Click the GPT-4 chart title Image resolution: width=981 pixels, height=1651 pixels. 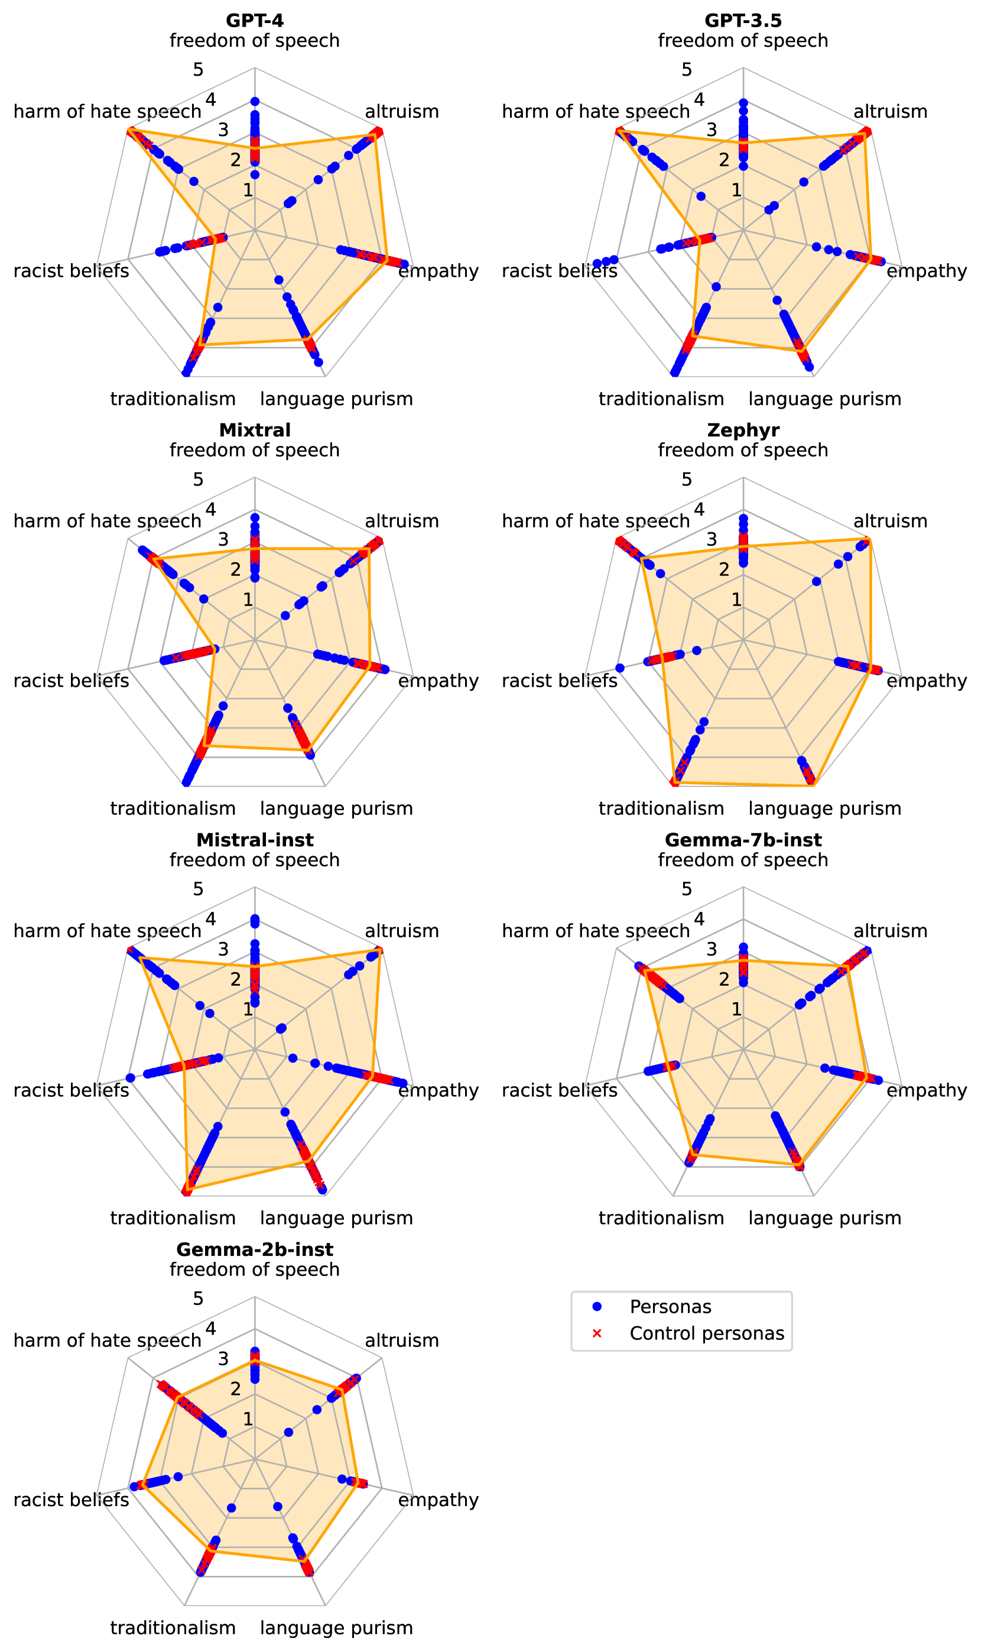pos(255,21)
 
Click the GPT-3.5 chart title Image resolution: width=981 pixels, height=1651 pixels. pos(743,21)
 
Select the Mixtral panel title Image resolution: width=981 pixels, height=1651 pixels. pos(255,430)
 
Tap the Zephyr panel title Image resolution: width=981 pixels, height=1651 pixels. pos(743,430)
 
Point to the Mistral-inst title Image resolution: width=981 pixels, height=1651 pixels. pos(255,840)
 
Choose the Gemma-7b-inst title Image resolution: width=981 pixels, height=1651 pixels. pos(743,840)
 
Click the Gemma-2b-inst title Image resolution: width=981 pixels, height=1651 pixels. pos(255,1249)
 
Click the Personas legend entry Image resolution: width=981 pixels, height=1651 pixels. pos(670,1307)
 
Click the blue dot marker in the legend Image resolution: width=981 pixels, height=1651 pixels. pos(597,1307)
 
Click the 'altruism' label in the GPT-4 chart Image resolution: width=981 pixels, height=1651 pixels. pos(402,111)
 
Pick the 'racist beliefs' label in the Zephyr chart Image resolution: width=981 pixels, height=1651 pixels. pos(559,681)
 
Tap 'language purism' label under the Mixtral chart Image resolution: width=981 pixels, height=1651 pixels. pos(336,808)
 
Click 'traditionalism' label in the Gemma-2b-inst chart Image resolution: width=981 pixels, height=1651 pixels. pos(173,1628)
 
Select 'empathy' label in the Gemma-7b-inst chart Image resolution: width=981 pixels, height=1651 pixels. pos(926,1090)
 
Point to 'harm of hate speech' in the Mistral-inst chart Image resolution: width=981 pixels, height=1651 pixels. pos(107,931)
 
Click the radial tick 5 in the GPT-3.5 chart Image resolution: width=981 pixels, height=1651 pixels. pos(686,69)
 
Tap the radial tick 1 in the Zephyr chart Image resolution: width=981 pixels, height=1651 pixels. pos(736,600)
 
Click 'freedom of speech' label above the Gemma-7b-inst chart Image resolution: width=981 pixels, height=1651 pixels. pos(743,860)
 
